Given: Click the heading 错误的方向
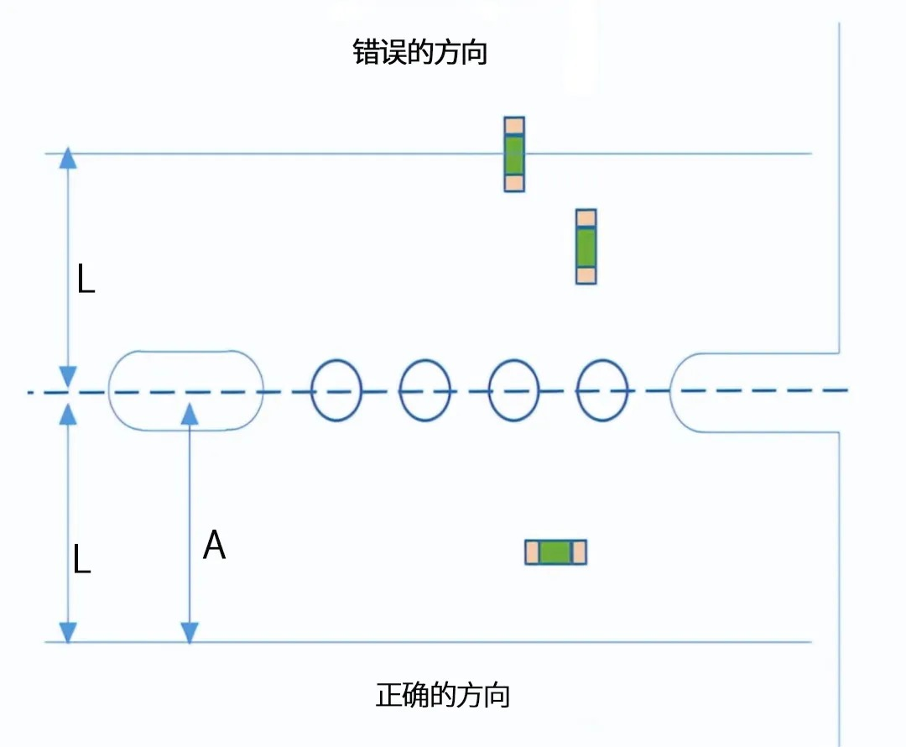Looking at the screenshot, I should click(x=420, y=54).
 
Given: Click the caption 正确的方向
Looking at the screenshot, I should click(x=443, y=696).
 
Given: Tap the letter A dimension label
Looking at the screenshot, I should click(x=215, y=546).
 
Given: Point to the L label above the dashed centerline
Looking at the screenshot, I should click(x=86, y=280).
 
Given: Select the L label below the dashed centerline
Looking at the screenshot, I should click(x=81, y=560).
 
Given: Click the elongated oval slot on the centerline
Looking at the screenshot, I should click(x=186, y=390).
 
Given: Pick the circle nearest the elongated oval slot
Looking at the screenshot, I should click(x=336, y=390).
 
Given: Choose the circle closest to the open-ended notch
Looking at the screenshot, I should click(x=602, y=390).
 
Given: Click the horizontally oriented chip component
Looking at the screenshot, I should click(x=555, y=551).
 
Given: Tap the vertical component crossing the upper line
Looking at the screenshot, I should click(x=514, y=154).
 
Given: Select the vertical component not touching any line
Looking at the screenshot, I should click(x=586, y=246).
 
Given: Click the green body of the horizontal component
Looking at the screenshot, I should click(x=555, y=551).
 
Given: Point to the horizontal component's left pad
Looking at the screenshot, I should click(x=532, y=551).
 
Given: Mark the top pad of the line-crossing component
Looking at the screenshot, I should click(x=514, y=127).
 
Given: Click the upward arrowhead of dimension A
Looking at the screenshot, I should click(x=190, y=412).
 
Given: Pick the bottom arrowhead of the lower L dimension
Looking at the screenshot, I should click(x=68, y=632).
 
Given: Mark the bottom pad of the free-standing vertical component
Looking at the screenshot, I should click(x=586, y=274).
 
